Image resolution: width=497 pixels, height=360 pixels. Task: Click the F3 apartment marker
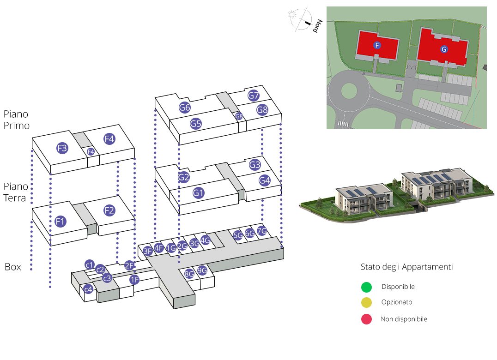[x=62, y=148]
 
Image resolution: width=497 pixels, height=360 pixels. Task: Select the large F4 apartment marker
[x=109, y=138]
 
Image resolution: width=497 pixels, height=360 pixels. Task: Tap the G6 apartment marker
[x=185, y=108]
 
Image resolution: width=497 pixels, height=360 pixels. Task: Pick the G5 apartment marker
[x=196, y=124]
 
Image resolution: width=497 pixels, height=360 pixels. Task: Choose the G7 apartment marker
[x=254, y=96]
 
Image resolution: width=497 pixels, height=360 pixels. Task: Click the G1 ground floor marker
[x=199, y=193]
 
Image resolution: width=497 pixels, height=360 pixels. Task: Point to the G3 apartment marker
[x=255, y=165]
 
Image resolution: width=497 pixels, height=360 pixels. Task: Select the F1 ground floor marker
[x=60, y=221]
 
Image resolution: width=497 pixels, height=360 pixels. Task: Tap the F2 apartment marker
[x=109, y=210]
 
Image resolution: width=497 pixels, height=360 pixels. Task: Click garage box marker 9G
[x=202, y=271]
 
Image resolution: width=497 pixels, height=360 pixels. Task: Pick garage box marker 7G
[x=262, y=231]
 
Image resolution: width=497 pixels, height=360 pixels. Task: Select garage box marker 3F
[x=148, y=251]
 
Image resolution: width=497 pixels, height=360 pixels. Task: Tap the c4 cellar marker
[x=88, y=289]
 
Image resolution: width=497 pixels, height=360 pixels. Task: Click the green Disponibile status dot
[x=366, y=287]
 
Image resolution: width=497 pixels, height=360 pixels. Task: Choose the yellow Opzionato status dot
[x=366, y=303]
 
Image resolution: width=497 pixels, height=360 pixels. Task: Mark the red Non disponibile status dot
[x=366, y=319]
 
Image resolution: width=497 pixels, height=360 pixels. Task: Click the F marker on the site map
[x=377, y=45]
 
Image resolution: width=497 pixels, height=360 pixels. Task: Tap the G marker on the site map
[x=444, y=49]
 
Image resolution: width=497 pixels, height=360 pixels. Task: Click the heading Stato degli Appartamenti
[x=406, y=267]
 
